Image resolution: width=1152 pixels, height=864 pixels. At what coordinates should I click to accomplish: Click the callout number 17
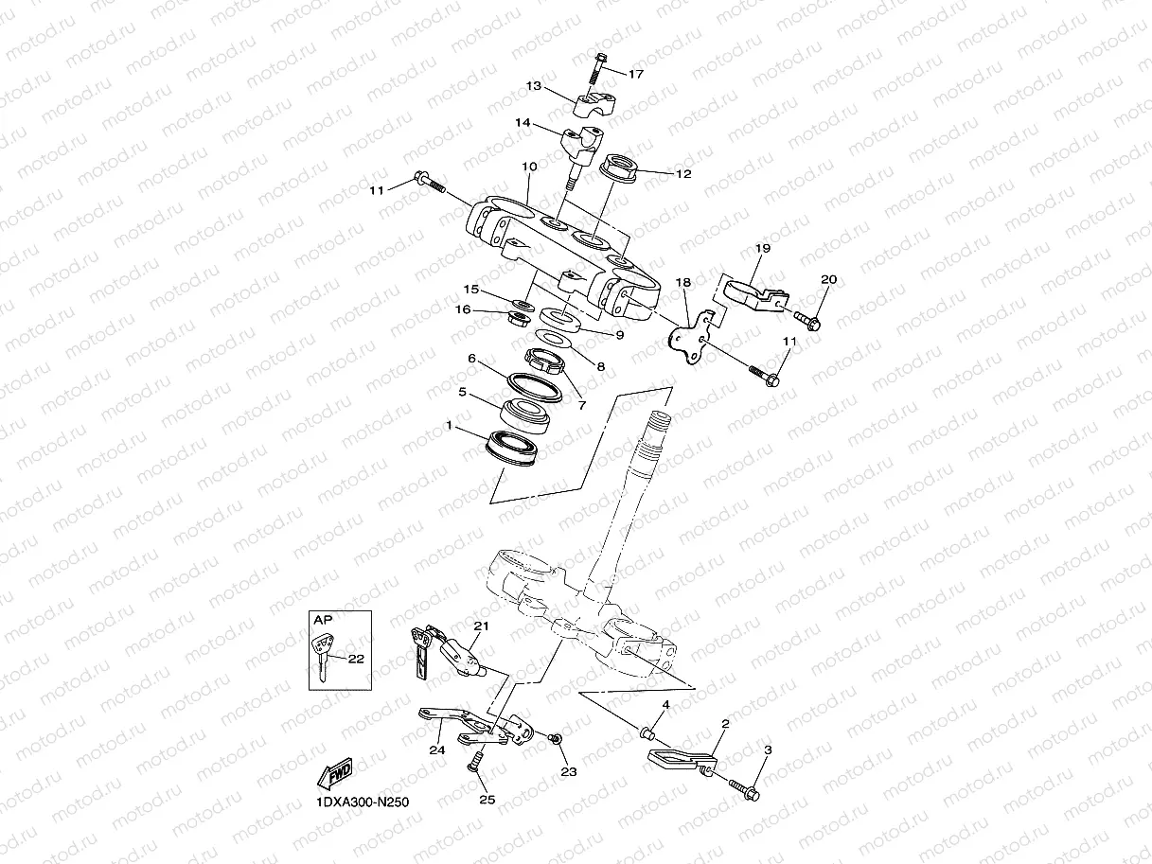click(635, 74)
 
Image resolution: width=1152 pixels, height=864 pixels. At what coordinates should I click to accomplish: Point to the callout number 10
click(529, 167)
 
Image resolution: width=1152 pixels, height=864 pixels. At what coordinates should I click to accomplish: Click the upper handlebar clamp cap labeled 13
click(590, 97)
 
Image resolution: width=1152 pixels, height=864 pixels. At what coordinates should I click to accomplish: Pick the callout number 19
click(763, 248)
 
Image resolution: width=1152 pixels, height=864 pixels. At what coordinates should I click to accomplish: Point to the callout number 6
click(470, 359)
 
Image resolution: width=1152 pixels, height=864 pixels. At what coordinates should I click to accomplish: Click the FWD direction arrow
click(335, 774)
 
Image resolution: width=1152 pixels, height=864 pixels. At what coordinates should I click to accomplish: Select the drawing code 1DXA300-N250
click(363, 802)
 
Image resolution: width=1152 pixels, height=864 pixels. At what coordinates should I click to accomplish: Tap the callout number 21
click(481, 626)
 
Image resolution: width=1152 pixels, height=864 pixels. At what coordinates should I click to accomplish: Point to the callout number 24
click(436, 750)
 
